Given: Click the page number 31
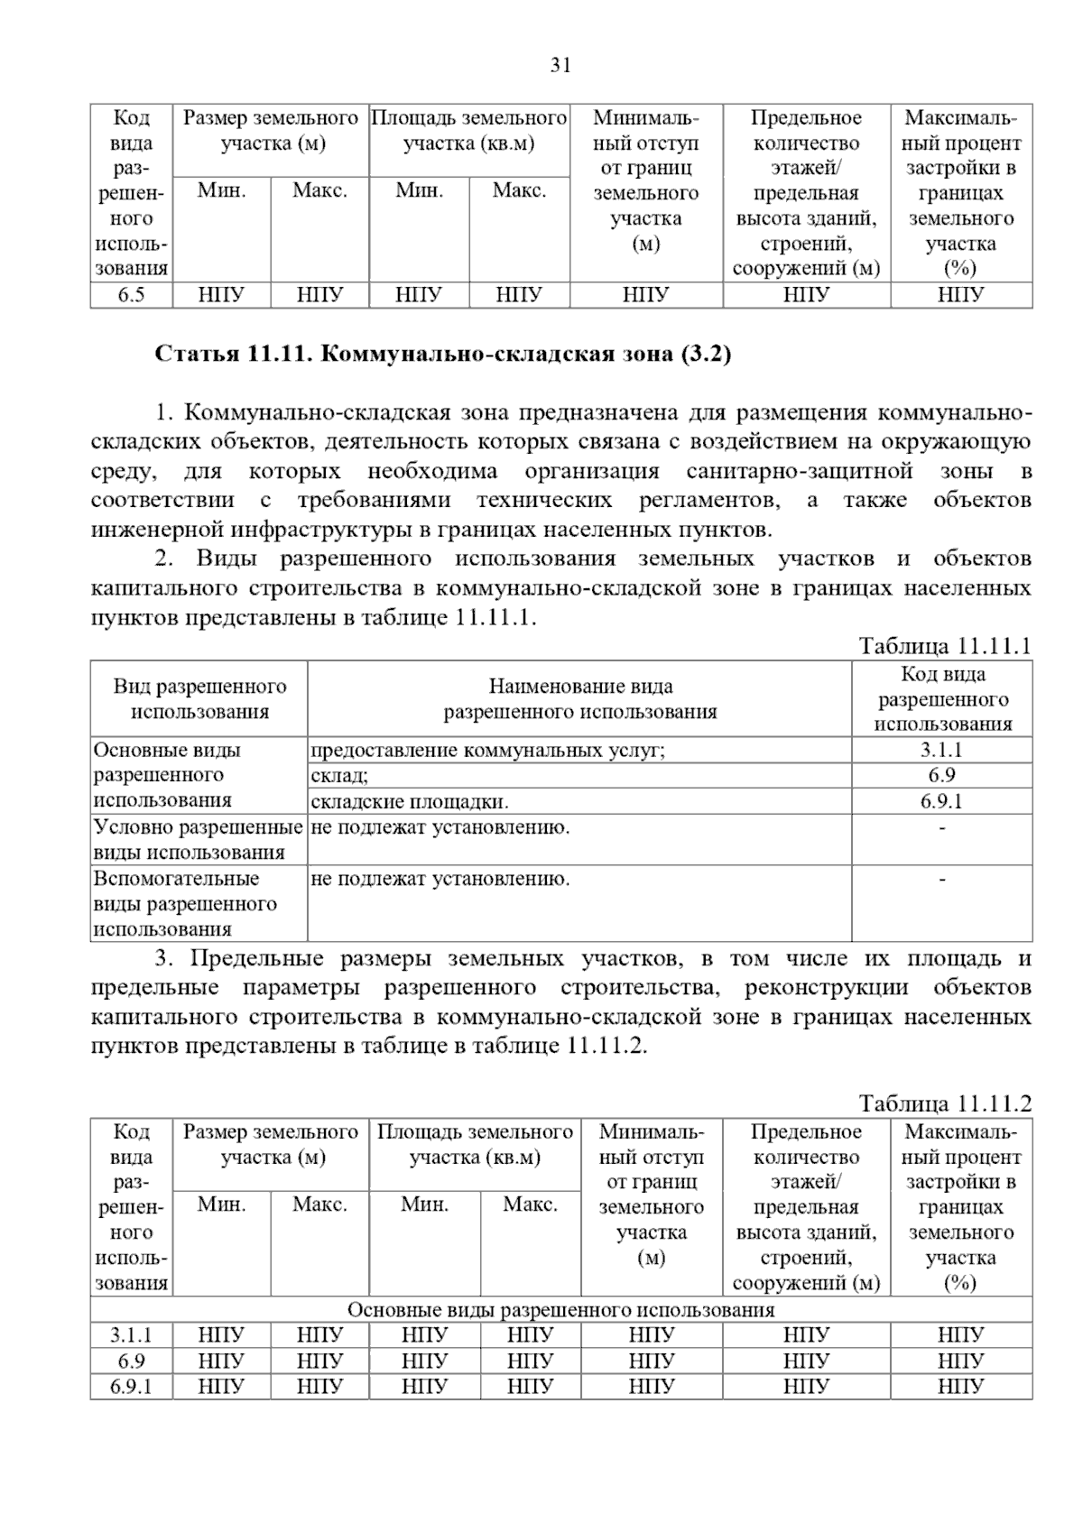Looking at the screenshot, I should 560,66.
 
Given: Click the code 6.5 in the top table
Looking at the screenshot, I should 131,295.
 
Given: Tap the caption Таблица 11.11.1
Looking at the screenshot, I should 945,646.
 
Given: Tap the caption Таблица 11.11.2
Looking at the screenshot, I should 945,1103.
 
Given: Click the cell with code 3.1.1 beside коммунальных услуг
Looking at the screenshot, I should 941,750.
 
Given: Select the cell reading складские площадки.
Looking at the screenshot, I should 410,801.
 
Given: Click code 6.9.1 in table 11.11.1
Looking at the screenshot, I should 941,801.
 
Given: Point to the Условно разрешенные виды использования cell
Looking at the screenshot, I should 198,839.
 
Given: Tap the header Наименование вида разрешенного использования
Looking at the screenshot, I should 579,699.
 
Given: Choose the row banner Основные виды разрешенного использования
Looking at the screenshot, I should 560,1310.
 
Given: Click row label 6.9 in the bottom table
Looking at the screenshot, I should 131,1361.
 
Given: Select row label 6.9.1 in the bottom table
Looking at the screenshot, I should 131,1386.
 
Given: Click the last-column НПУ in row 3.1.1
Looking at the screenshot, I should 960,1335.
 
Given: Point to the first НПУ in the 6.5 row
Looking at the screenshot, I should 221,295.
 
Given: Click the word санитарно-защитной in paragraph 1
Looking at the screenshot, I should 800,471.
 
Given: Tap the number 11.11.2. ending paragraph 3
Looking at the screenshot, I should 607,1046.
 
